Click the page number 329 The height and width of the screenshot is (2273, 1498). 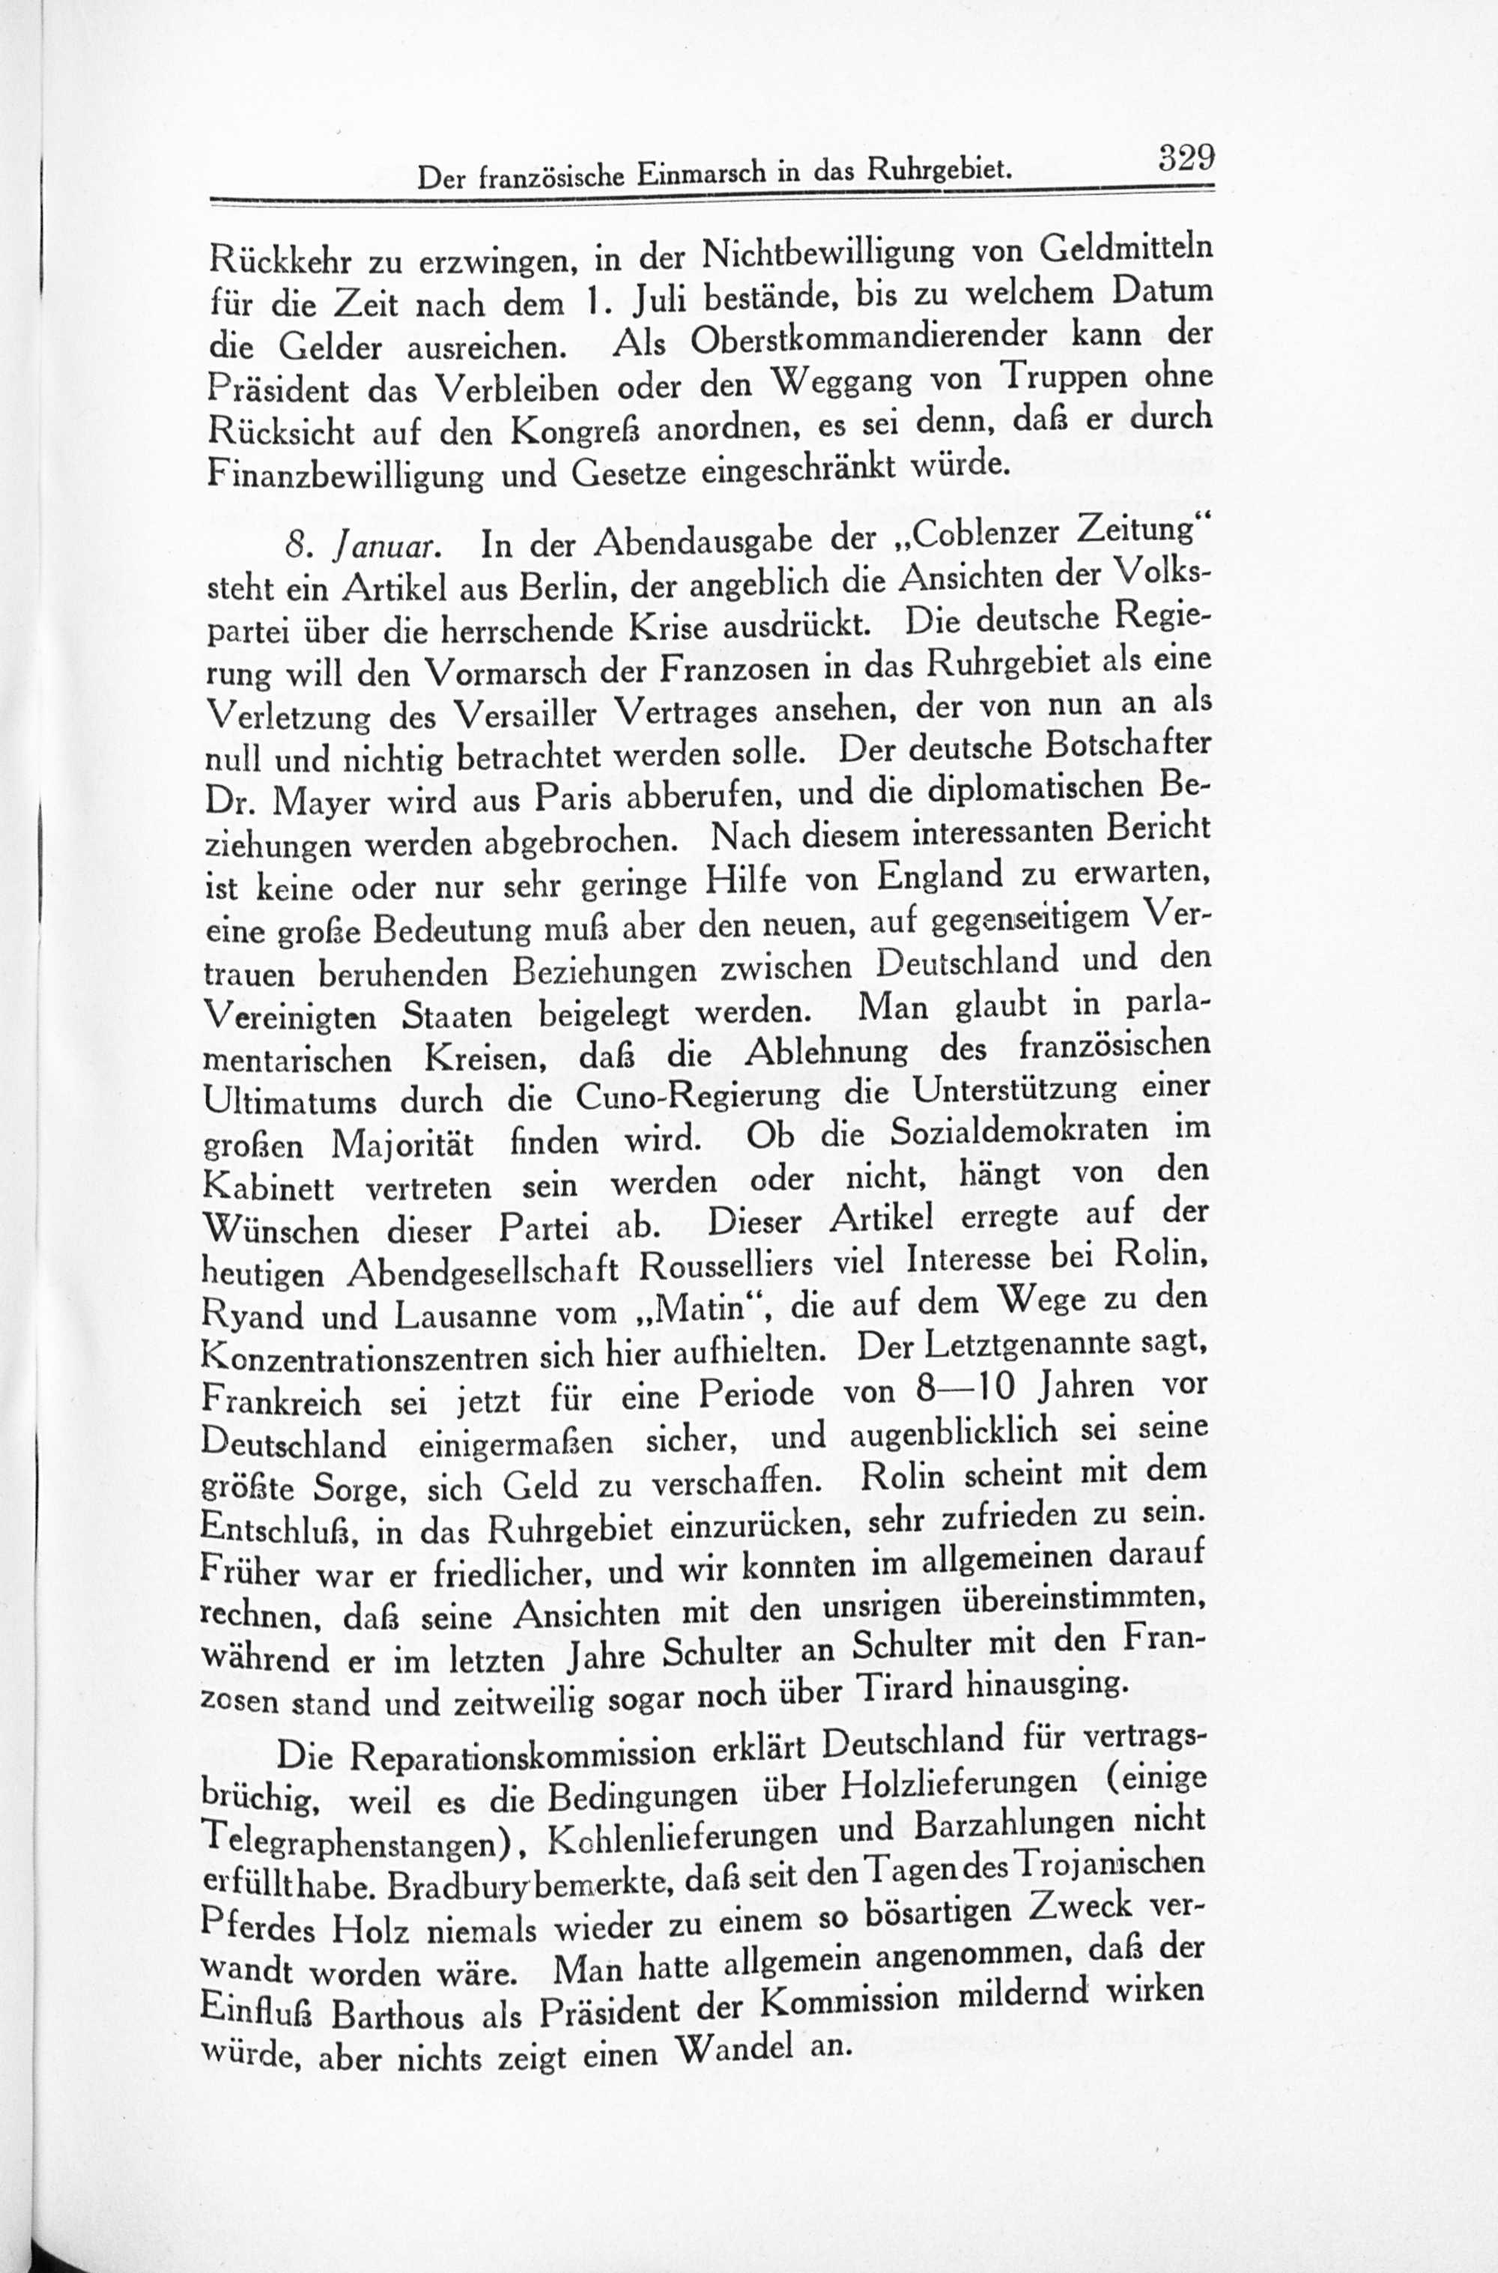click(x=1186, y=157)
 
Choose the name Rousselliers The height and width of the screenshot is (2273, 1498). click(x=726, y=1265)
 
